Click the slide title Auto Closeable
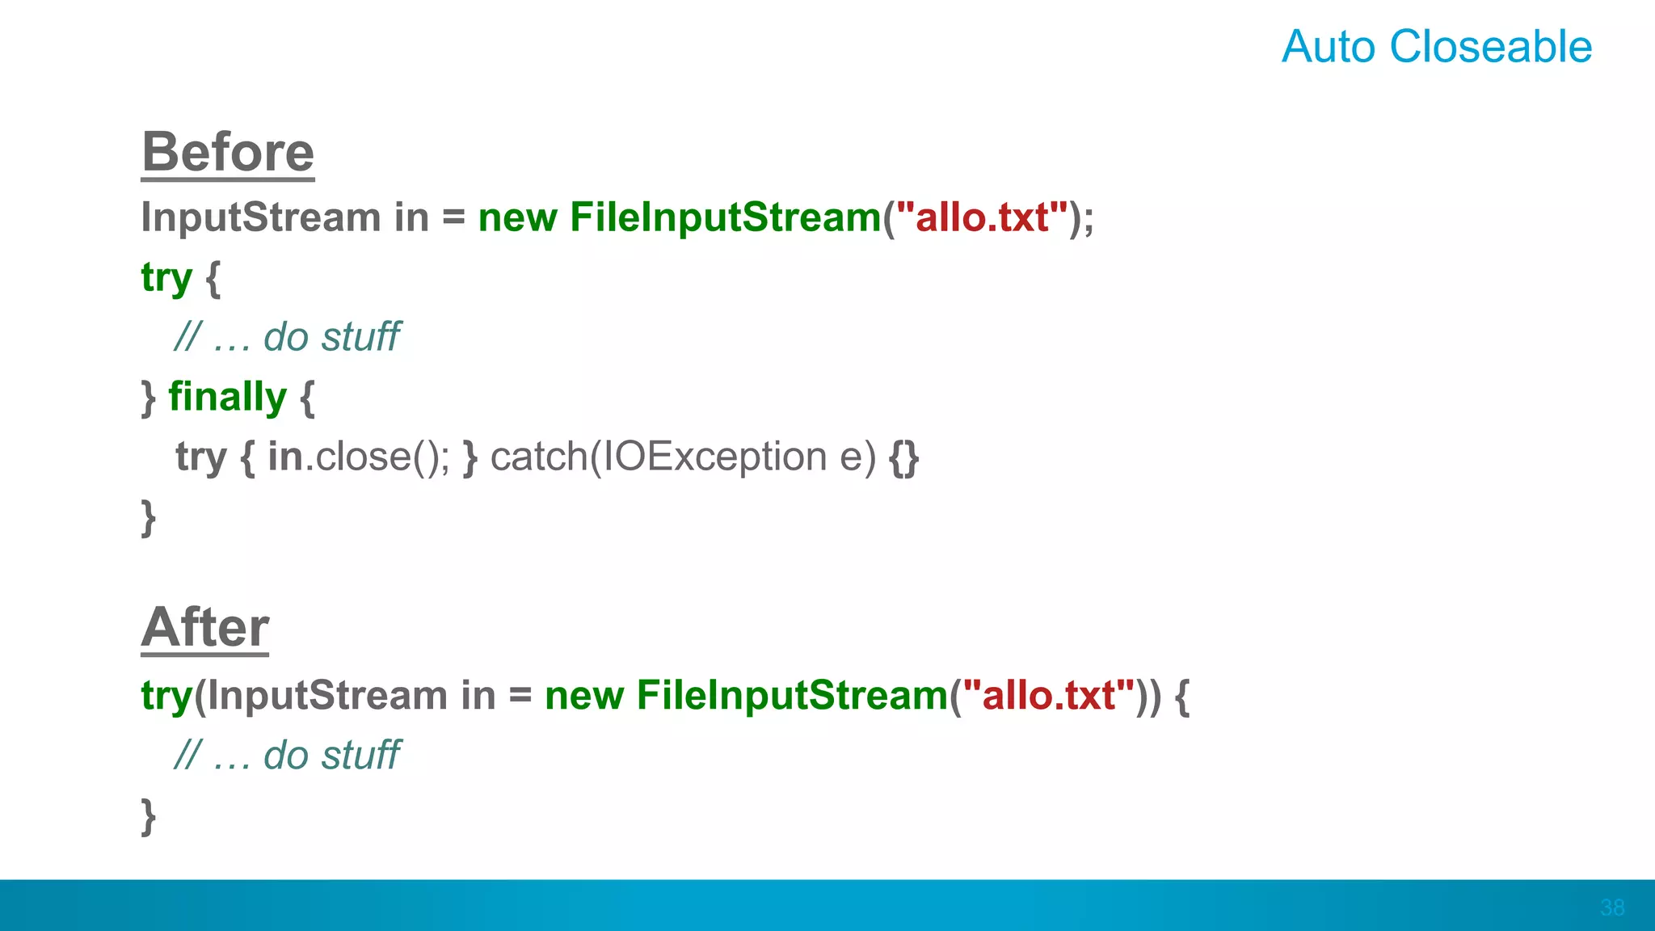click(x=1436, y=46)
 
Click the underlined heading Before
click(x=228, y=152)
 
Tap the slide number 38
click(x=1611, y=907)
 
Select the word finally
click(x=227, y=397)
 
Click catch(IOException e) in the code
click(x=683, y=457)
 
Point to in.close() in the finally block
click(x=358, y=457)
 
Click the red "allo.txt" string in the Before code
click(x=982, y=217)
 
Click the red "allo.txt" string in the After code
click(x=1049, y=696)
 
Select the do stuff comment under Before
click(x=287, y=337)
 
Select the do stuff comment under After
click(x=287, y=756)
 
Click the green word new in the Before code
click(x=517, y=217)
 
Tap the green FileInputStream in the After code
click(x=792, y=696)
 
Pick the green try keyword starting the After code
click(x=166, y=696)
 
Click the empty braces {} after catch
click(x=903, y=457)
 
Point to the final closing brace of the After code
click(x=148, y=816)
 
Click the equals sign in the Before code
click(x=453, y=217)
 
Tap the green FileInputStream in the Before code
click(x=725, y=217)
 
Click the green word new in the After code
click(x=584, y=696)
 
